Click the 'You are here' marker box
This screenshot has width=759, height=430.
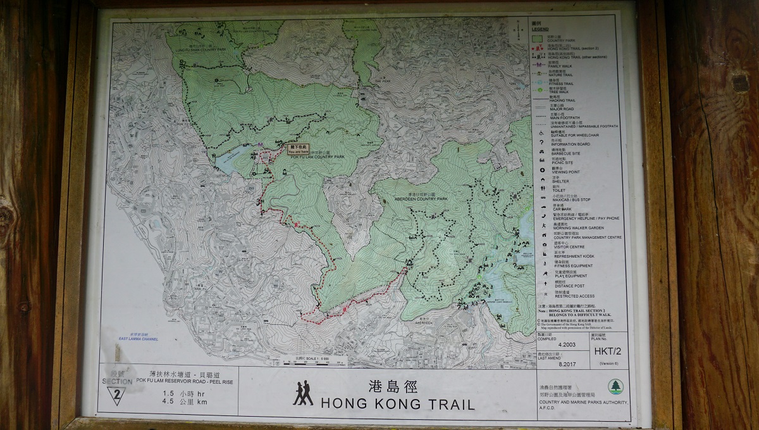[298, 149]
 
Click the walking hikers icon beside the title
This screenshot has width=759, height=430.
[303, 393]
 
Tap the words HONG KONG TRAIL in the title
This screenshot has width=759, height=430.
[397, 403]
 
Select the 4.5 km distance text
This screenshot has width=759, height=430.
[176, 402]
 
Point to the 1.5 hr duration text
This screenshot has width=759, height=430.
[176, 393]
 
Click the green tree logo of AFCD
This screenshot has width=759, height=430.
[615, 386]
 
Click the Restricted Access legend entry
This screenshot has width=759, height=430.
[574, 296]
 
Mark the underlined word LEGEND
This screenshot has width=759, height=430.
[540, 29]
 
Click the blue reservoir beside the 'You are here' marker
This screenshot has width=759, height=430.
[231, 162]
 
